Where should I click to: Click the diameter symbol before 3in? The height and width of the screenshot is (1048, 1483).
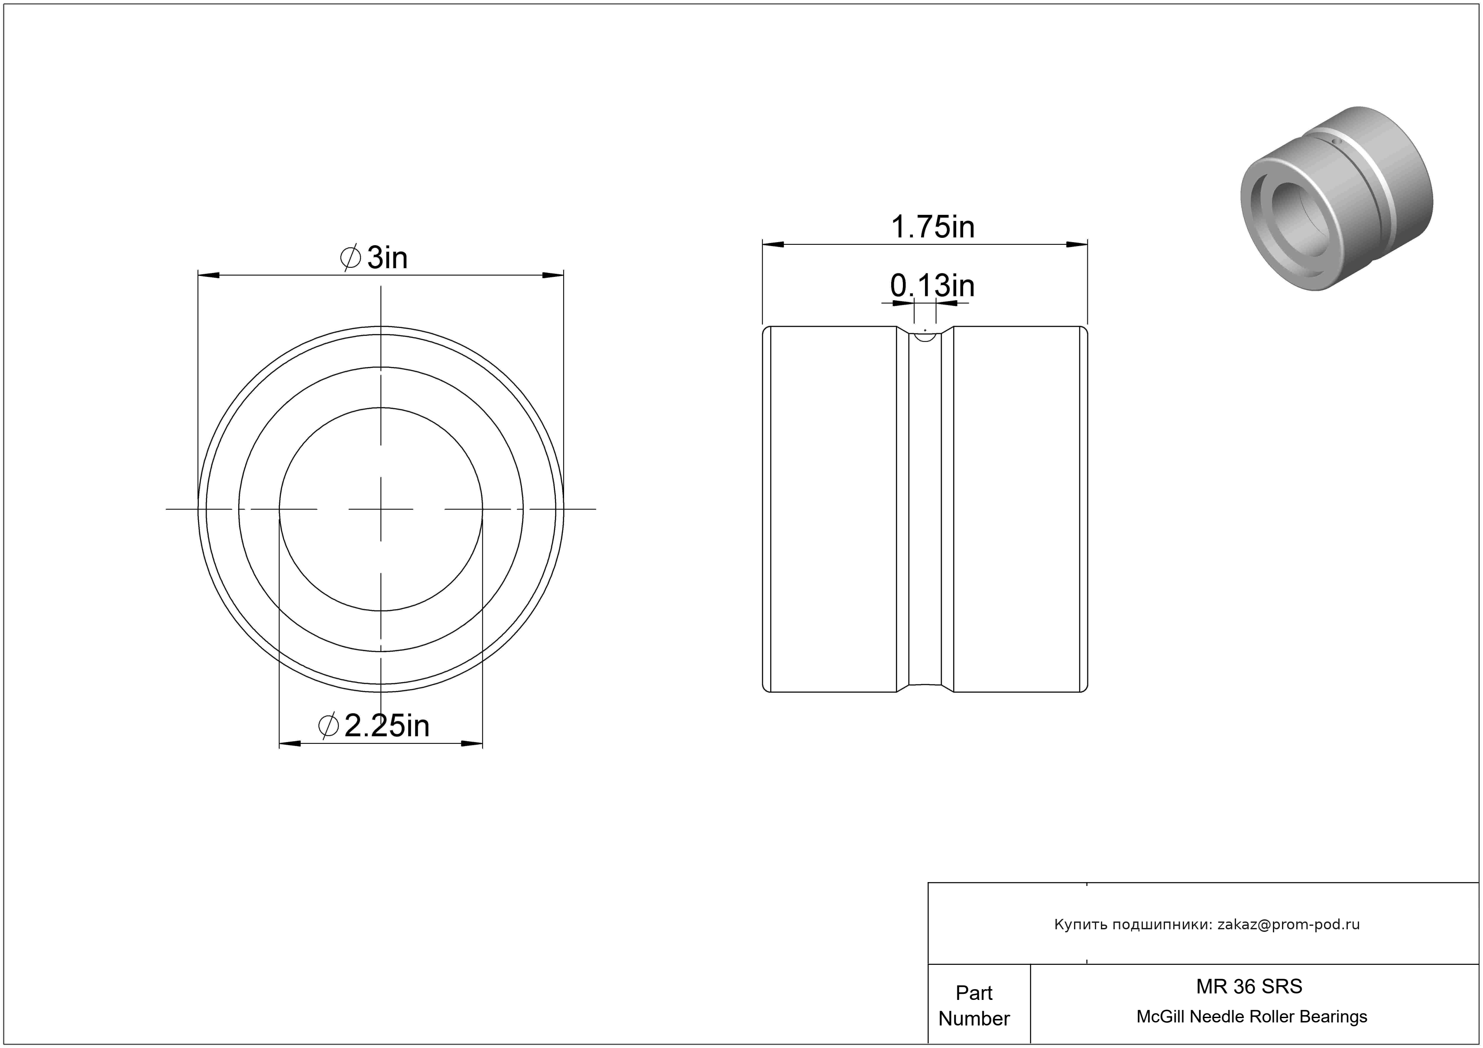350,258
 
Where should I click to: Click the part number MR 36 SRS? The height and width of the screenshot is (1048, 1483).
1249,986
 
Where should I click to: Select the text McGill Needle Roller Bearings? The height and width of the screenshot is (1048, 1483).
1252,1016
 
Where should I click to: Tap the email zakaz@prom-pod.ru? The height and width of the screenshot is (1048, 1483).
1288,924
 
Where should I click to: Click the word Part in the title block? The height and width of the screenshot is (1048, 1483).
974,993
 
